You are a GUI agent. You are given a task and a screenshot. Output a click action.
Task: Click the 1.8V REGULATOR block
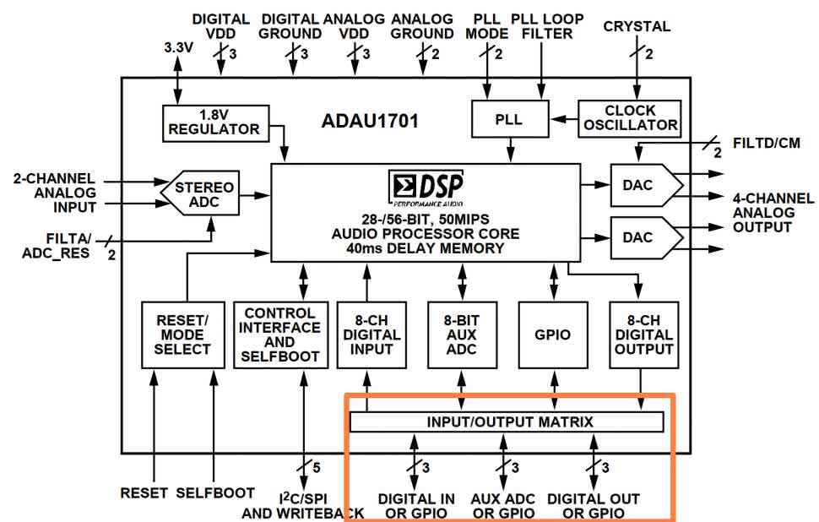pyautogui.click(x=214, y=122)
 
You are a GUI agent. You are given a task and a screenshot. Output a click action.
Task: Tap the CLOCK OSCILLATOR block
pyautogui.click(x=630, y=118)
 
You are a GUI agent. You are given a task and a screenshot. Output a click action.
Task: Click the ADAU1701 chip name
pyautogui.click(x=370, y=122)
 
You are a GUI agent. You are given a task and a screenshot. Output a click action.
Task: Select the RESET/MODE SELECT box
pyautogui.click(x=183, y=334)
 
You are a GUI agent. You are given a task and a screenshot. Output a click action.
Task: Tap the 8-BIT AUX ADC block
pyautogui.click(x=462, y=334)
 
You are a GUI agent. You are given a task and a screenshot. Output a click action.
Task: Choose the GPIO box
pyautogui.click(x=552, y=334)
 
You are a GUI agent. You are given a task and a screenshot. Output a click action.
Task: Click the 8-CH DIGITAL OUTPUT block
pyautogui.click(x=643, y=334)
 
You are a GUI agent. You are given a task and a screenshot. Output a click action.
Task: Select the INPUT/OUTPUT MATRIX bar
pyautogui.click(x=507, y=421)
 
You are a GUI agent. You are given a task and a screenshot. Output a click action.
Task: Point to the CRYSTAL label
pyautogui.click(x=637, y=26)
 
